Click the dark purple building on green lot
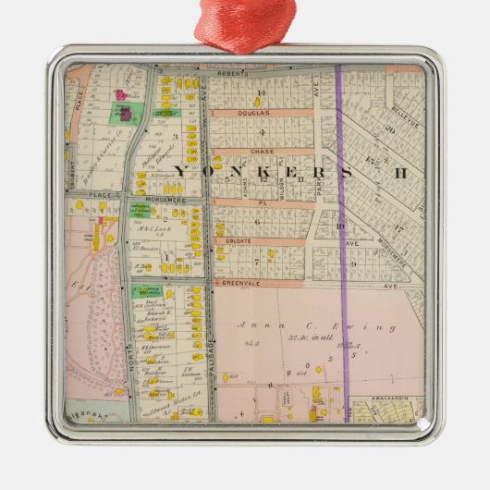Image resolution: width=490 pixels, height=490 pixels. pyautogui.click(x=121, y=114)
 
